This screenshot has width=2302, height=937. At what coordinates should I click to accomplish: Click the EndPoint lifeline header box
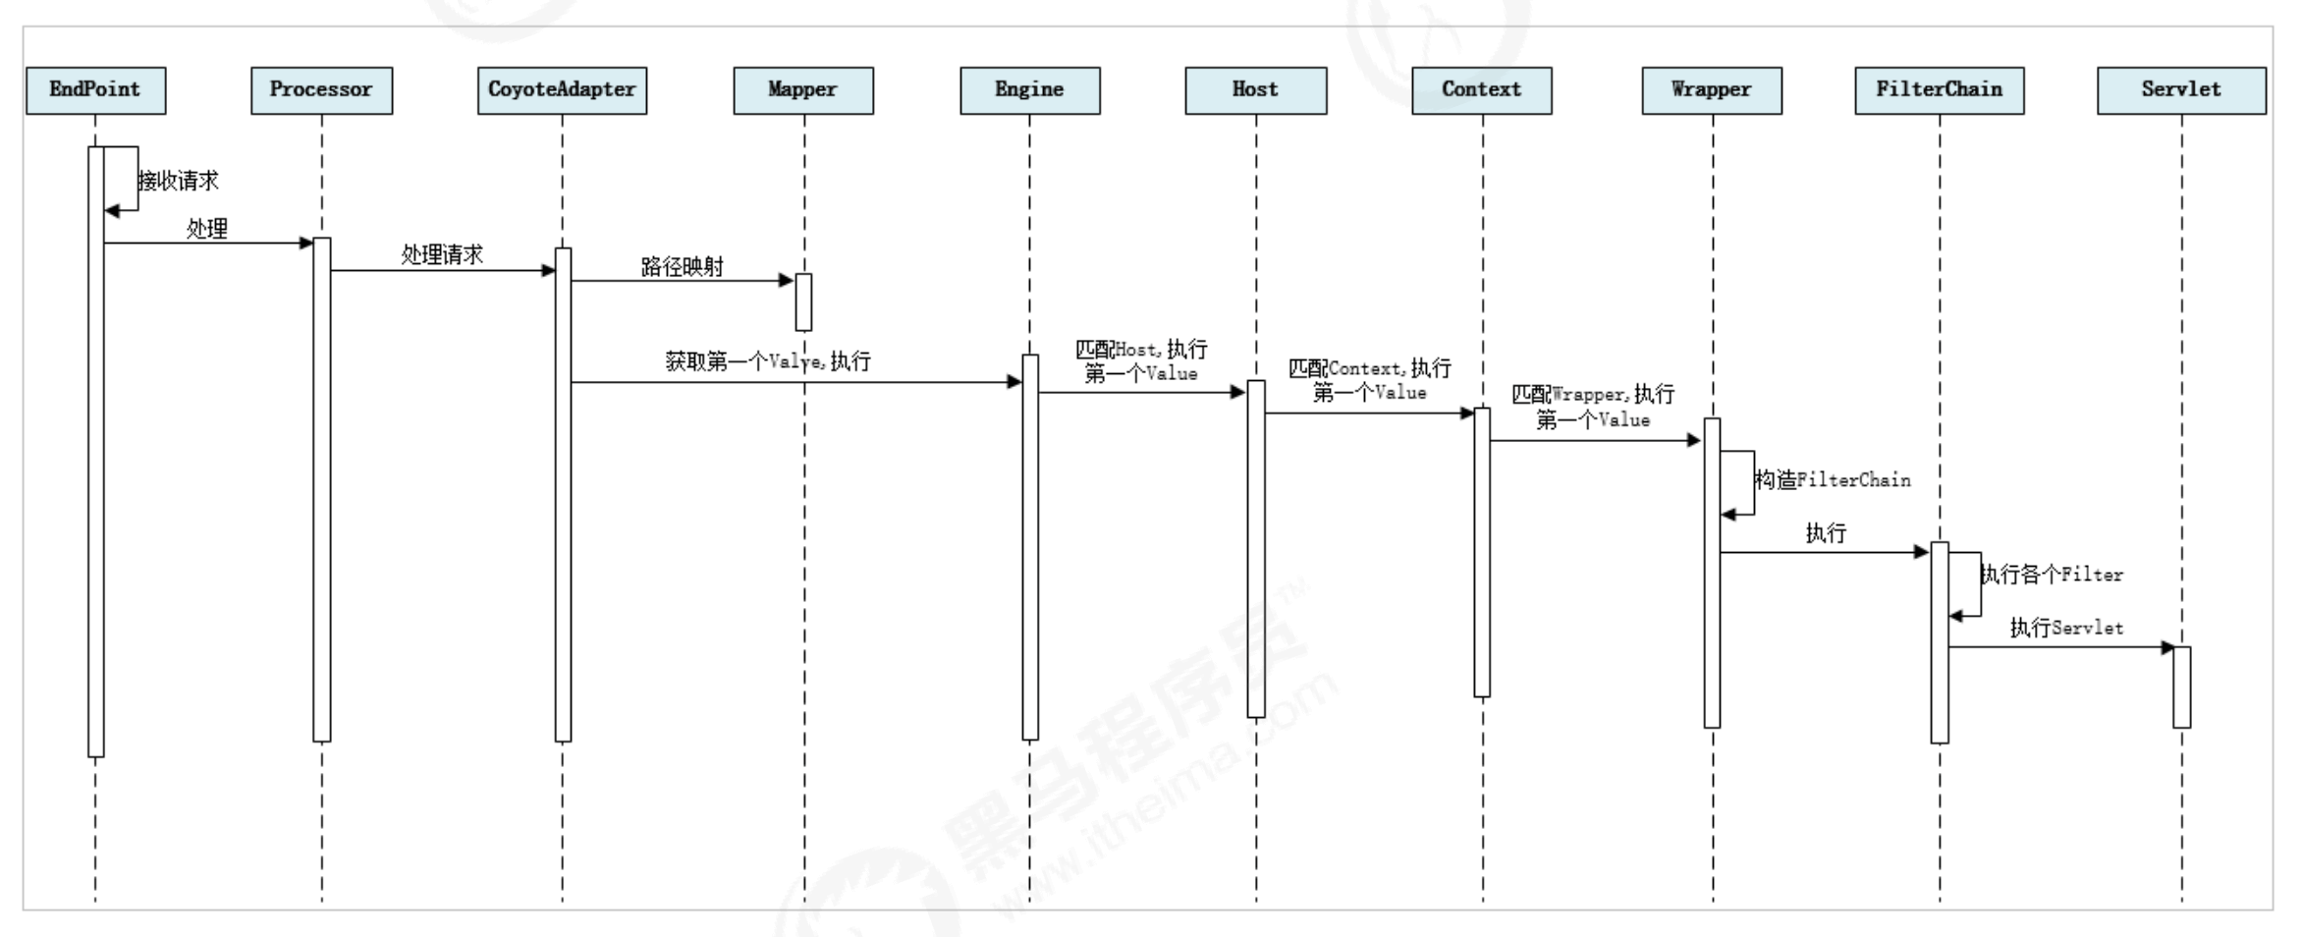[x=95, y=90]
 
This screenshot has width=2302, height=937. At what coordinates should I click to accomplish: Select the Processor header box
[x=321, y=90]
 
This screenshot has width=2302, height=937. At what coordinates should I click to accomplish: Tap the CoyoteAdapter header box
[x=562, y=90]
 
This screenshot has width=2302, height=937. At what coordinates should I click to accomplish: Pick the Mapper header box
[x=802, y=90]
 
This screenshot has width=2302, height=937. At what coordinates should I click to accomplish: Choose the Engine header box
[x=1029, y=90]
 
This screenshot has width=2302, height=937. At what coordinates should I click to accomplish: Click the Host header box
[x=1255, y=90]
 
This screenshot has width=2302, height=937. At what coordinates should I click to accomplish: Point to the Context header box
[x=1481, y=90]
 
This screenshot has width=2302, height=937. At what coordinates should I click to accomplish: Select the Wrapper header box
[x=1711, y=90]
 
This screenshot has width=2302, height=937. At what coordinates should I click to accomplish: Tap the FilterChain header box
[x=1939, y=90]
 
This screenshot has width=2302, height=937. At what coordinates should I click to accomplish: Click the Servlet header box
[x=2181, y=90]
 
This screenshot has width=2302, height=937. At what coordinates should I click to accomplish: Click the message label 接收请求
[x=178, y=181]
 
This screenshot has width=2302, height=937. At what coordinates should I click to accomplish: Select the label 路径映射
[x=683, y=266]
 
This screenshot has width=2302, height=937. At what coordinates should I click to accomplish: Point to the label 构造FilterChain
[x=1833, y=480]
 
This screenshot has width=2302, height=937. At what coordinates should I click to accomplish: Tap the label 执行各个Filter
[x=2051, y=575]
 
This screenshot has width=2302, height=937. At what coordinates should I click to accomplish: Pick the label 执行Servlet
[x=2066, y=628]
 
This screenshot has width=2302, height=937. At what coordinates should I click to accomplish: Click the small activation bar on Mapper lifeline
[x=803, y=303]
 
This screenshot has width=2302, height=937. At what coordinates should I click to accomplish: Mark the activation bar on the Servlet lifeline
[x=2181, y=687]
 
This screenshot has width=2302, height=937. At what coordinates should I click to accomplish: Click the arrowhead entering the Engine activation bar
[x=1014, y=382]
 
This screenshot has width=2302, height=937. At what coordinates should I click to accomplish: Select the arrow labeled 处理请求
[x=442, y=271]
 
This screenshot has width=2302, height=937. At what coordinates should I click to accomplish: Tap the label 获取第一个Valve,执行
[x=768, y=361]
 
